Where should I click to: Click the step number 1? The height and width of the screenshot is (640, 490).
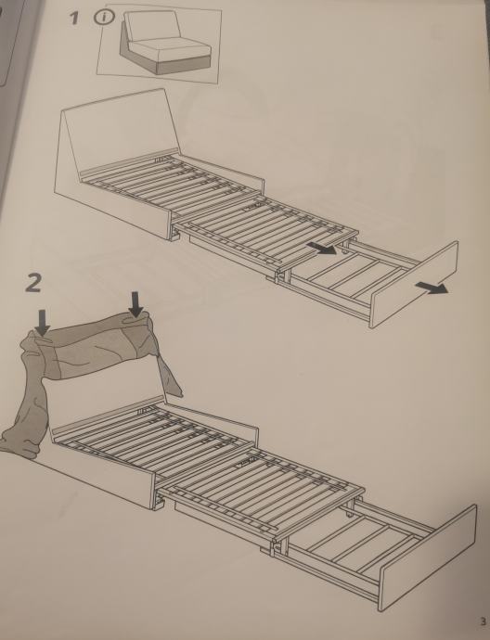pos(73,18)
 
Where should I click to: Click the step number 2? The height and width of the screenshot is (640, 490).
pos(33,283)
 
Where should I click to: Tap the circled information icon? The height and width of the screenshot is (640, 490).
pos(104,17)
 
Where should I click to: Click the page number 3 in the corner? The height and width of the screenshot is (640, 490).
pos(483,622)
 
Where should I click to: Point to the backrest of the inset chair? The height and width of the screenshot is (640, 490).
pos(152,26)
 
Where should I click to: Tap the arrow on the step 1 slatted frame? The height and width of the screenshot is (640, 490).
pos(321,248)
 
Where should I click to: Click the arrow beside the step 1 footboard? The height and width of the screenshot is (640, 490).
pos(432,288)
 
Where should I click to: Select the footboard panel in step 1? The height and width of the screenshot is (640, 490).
pos(414,284)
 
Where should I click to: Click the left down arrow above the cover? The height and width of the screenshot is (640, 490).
pos(42,322)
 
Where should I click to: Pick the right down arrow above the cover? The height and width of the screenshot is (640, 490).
pos(136,303)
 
